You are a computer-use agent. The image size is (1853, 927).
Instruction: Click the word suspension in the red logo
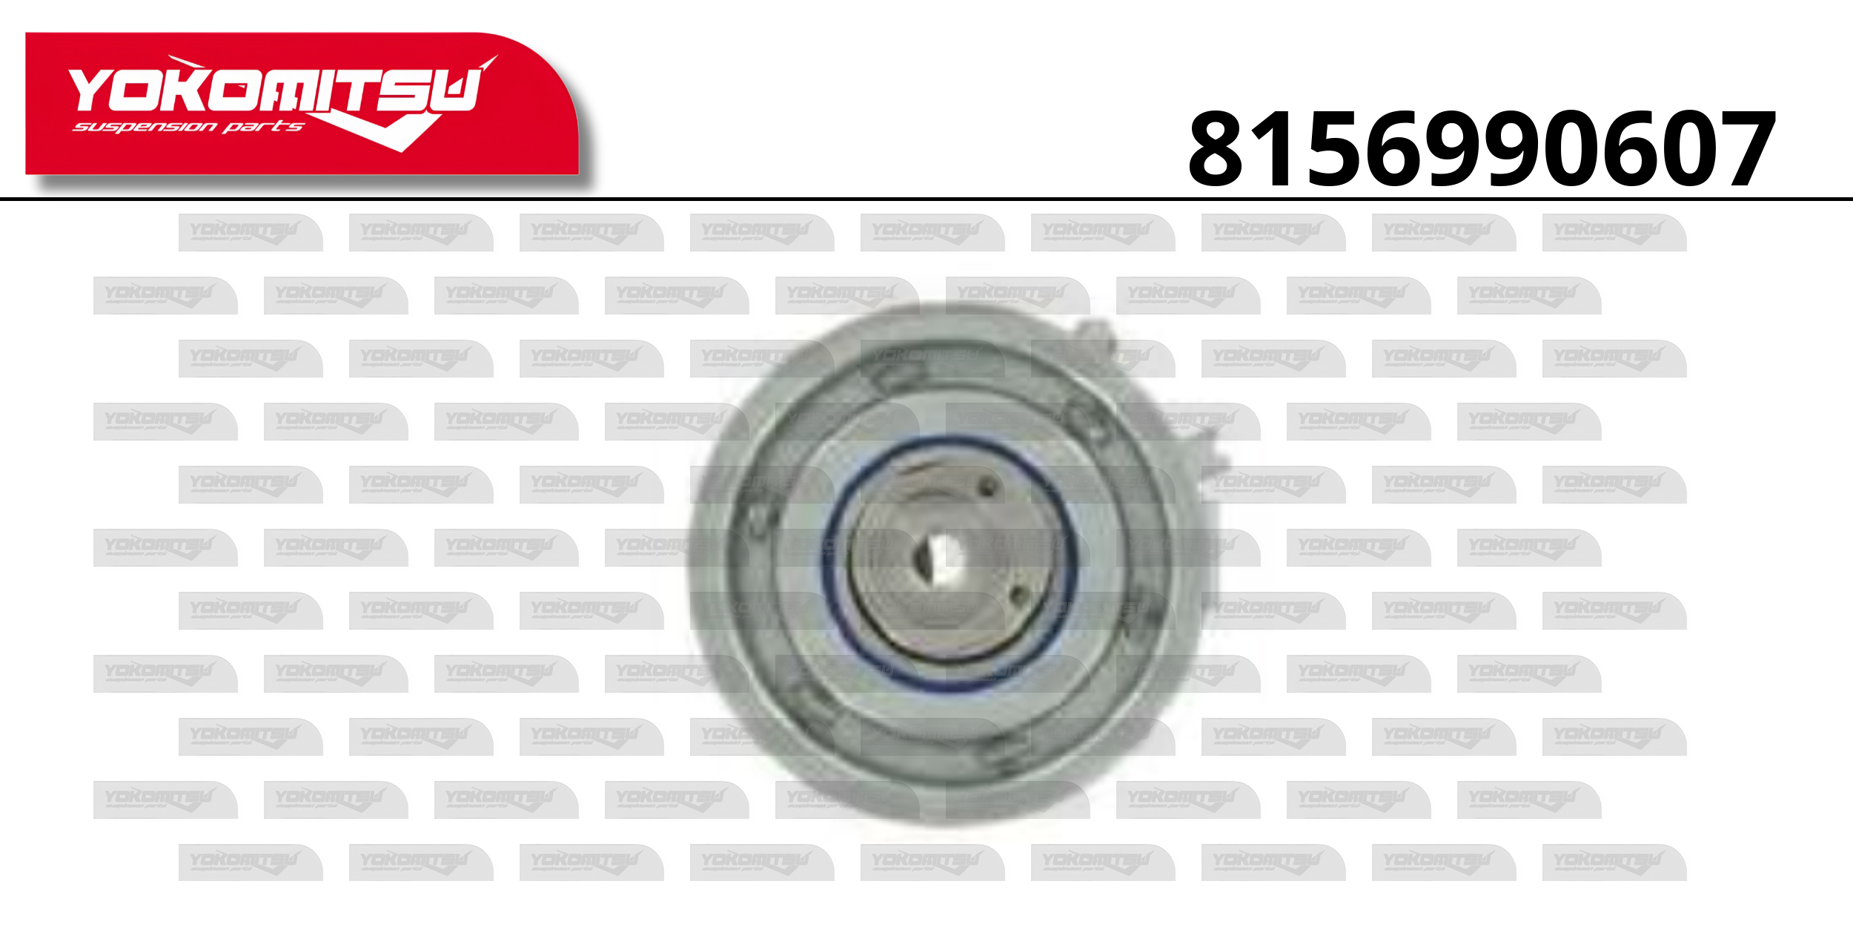pos(145,127)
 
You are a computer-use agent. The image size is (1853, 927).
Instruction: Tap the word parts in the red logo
pos(264,127)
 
